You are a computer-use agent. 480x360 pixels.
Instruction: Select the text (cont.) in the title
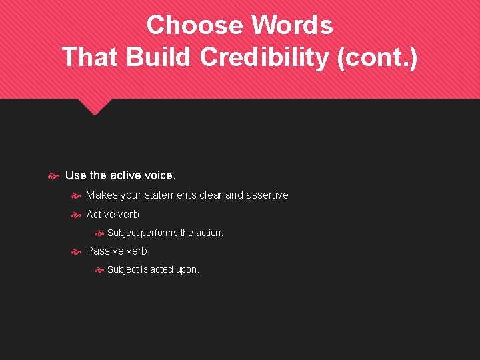[x=378, y=57]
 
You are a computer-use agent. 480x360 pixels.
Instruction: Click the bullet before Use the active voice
[x=54, y=175]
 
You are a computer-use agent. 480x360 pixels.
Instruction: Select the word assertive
[x=267, y=195]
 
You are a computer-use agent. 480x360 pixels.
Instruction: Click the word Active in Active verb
[x=100, y=214]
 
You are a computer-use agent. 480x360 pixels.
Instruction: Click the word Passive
[x=103, y=251]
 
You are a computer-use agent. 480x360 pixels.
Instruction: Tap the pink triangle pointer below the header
[x=94, y=106]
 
